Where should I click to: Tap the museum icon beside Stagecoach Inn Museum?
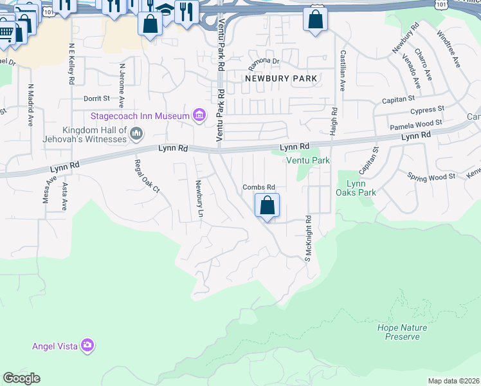click(x=199, y=116)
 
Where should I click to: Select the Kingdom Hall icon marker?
click(x=136, y=133)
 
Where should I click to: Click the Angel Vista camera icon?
click(x=87, y=346)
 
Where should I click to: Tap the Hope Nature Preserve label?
click(x=402, y=332)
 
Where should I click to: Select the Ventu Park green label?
click(x=308, y=160)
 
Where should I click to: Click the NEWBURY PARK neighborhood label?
click(x=281, y=78)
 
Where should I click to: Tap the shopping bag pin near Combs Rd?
click(x=267, y=207)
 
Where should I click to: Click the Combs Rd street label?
click(x=259, y=187)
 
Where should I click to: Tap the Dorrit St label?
click(x=97, y=99)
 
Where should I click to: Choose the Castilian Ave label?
click(x=343, y=70)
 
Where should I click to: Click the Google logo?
click(x=21, y=378)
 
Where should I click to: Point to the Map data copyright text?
click(x=454, y=381)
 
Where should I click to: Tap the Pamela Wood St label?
click(x=416, y=122)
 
